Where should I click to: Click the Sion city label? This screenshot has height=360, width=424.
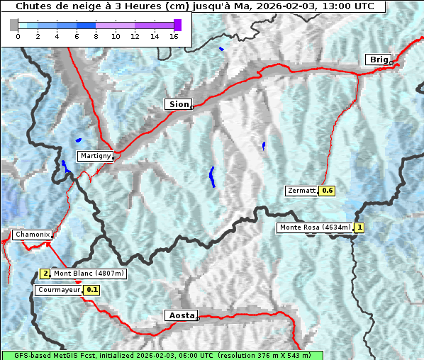[x=179, y=104]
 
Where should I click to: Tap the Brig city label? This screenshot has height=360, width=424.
[x=378, y=60]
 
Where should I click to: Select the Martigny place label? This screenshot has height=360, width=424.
[x=95, y=156]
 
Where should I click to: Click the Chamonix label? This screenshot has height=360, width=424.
[x=32, y=235]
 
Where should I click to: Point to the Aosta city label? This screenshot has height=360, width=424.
[x=181, y=315]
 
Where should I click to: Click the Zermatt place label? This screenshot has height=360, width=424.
[x=301, y=191]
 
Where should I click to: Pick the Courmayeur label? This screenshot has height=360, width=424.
[x=59, y=290]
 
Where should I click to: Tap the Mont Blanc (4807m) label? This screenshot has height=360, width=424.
[x=89, y=274]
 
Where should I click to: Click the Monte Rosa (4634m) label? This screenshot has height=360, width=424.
[x=315, y=227]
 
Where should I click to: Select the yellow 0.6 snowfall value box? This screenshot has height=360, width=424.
[x=327, y=191]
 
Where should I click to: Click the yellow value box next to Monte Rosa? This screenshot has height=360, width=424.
[x=359, y=227]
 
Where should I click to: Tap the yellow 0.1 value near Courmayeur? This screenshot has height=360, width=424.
[x=92, y=290]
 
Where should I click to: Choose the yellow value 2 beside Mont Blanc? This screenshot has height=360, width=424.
[x=45, y=274]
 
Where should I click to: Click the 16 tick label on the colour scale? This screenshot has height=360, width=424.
[x=174, y=37]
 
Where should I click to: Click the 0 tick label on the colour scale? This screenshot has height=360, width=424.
[x=18, y=37]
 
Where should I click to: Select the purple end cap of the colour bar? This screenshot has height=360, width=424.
[x=177, y=25]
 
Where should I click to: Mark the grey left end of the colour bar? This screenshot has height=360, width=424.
[x=14, y=25]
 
